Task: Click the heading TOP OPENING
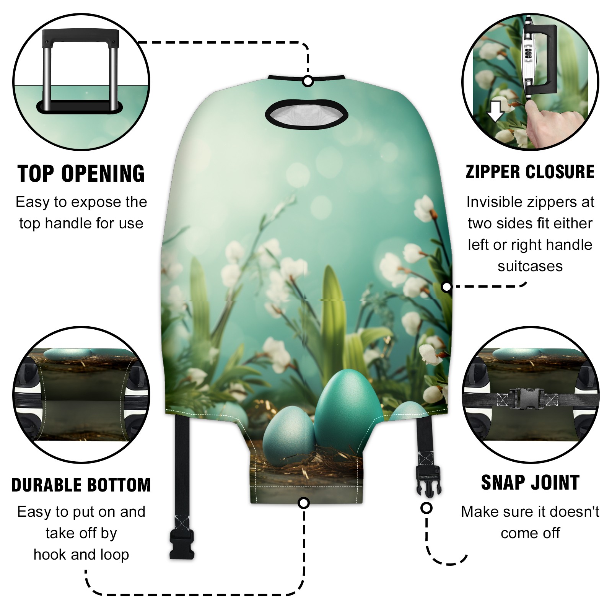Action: point(81,174)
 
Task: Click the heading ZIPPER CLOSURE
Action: point(530,172)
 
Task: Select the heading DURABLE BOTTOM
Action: point(81,485)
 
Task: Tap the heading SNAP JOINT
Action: point(530,482)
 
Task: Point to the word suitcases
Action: point(530,266)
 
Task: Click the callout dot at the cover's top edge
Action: point(308,81)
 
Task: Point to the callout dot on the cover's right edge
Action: point(446,286)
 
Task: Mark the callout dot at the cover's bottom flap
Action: point(304,503)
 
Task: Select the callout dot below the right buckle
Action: point(426,508)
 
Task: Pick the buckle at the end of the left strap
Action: point(182,544)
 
